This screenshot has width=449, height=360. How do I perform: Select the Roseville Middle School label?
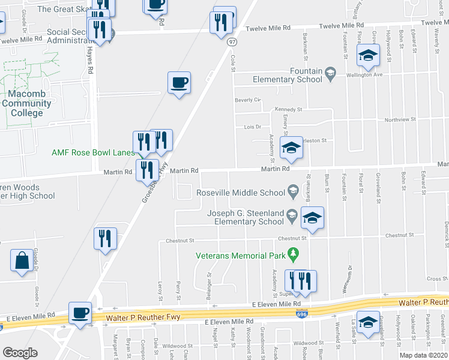(x=241, y=193)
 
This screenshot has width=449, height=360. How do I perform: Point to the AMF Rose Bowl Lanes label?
(x=93, y=153)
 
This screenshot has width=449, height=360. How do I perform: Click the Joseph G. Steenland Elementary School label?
(x=246, y=217)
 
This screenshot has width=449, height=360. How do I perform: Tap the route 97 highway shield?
(x=232, y=41)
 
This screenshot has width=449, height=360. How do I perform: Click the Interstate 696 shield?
(x=298, y=313)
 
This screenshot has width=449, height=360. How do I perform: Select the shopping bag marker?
(x=22, y=262)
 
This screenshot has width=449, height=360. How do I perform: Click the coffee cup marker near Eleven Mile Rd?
(x=80, y=313)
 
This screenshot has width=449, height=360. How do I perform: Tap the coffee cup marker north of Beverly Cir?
(x=178, y=82)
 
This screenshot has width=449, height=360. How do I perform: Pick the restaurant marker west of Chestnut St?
(x=106, y=238)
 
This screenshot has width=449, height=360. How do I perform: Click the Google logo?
(x=20, y=353)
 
